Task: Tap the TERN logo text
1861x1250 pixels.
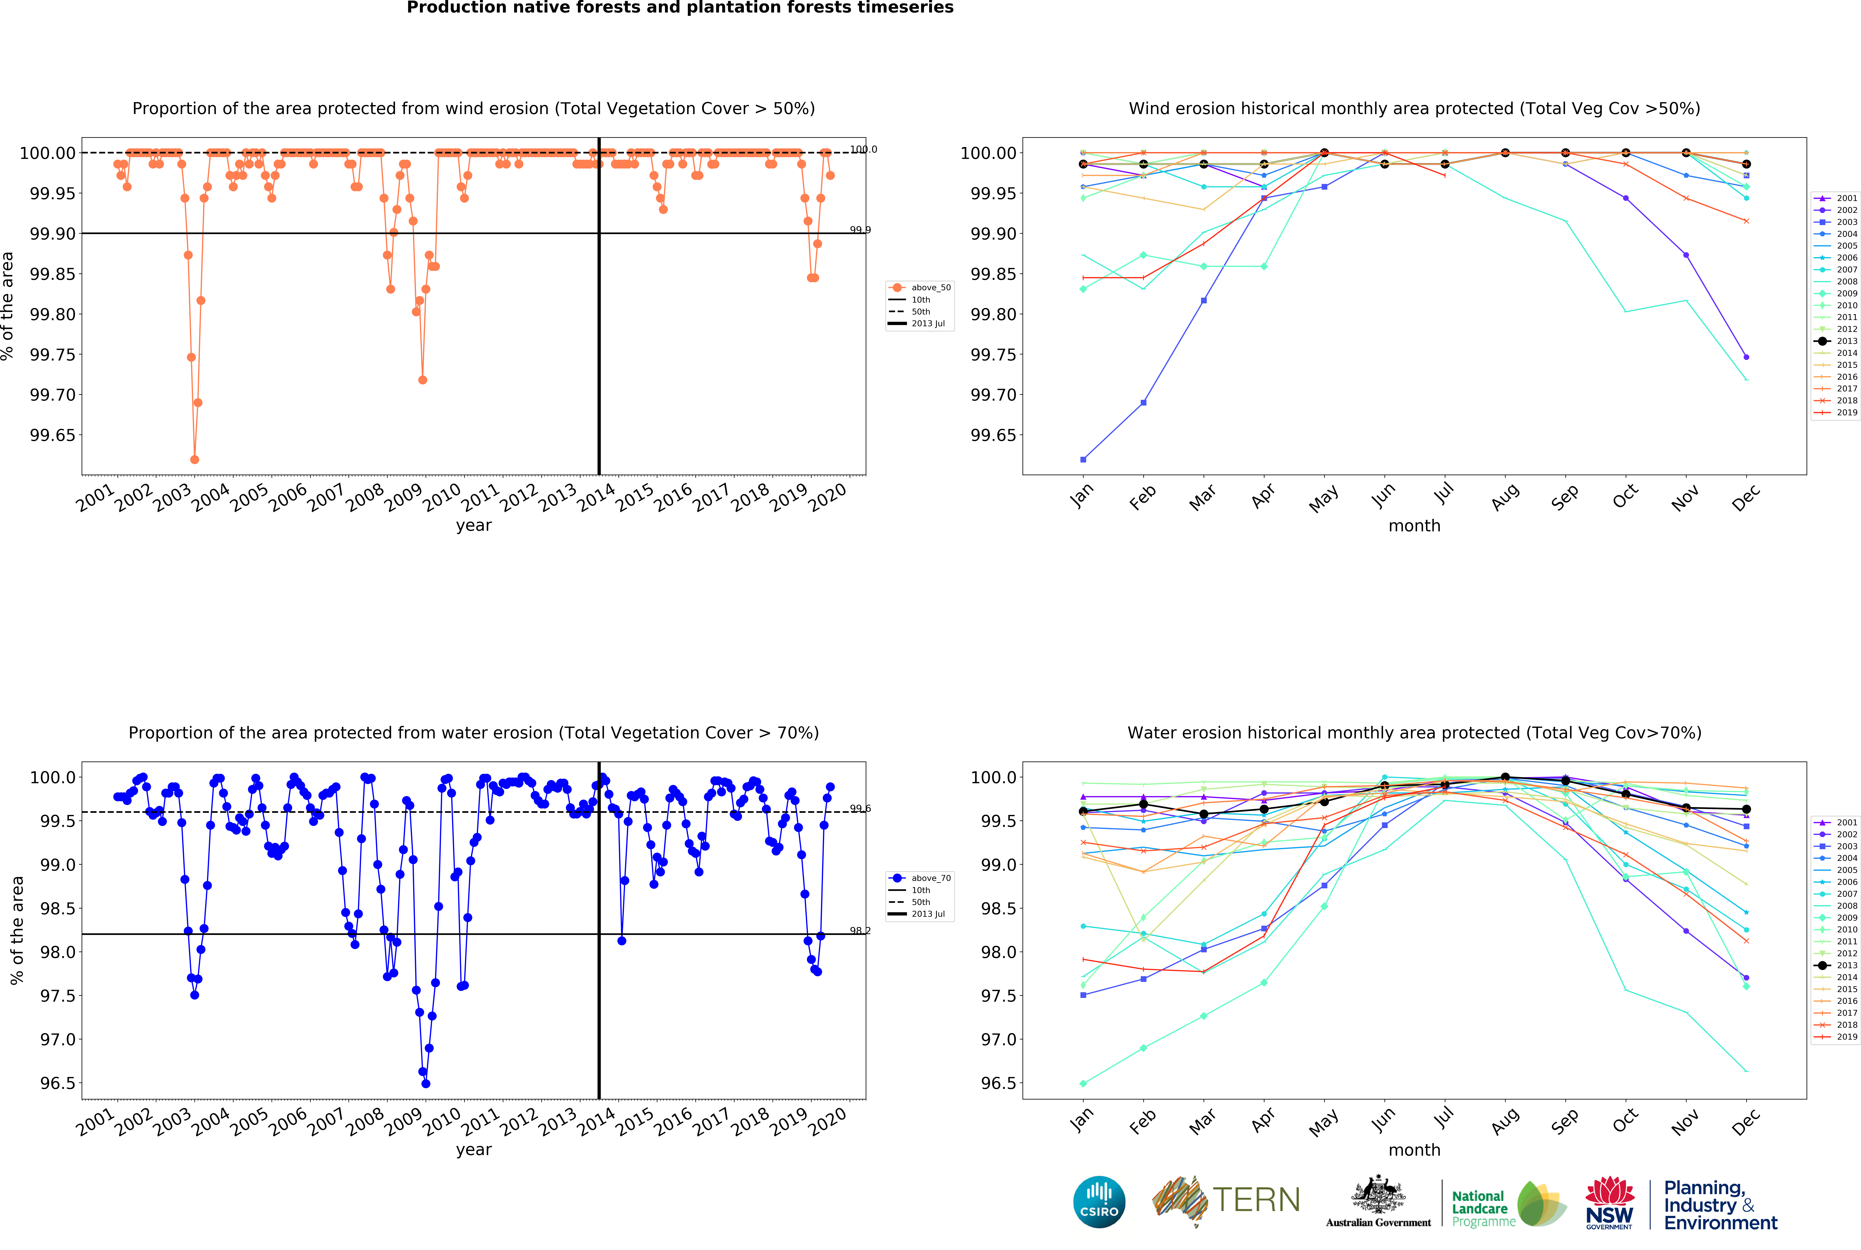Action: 1256,1200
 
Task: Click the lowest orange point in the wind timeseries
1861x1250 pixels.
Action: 195,460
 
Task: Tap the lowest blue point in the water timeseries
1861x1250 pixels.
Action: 426,1083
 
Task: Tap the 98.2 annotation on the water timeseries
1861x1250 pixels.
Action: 860,930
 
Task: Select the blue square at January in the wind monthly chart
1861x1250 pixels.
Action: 1083,460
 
